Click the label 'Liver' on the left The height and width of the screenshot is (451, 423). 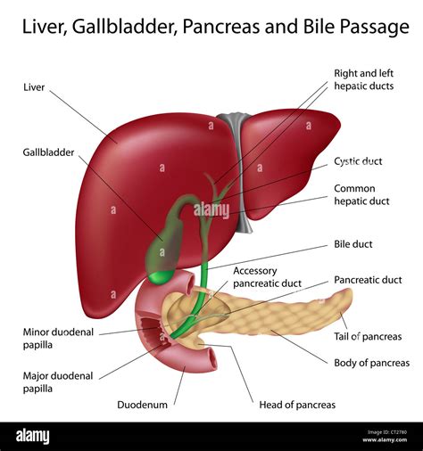(35, 88)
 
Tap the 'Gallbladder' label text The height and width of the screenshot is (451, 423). (48, 152)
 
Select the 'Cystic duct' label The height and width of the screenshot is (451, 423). (358, 161)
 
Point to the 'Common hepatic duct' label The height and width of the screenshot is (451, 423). (361, 195)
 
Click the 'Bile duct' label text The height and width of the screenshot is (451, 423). (353, 244)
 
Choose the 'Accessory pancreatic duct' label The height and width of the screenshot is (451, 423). (267, 277)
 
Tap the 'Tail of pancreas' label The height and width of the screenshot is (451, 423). (368, 336)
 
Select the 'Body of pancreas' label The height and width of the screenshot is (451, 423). (370, 363)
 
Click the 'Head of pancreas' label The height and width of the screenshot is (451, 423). (297, 405)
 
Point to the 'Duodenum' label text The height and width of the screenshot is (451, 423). (142, 405)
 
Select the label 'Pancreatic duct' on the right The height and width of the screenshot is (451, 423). (368, 280)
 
